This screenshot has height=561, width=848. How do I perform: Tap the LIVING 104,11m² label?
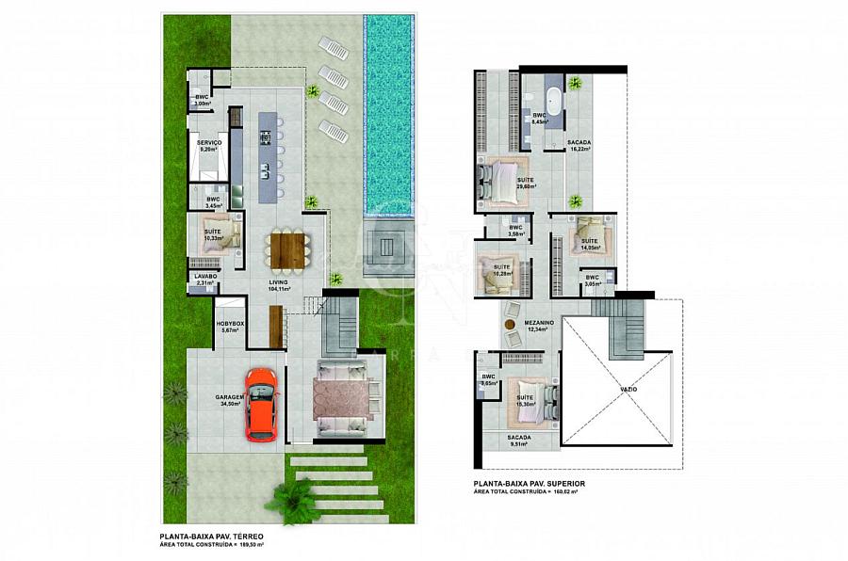279,285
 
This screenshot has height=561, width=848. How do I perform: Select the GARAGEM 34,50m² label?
231,400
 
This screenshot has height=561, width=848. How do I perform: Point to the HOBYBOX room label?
230,327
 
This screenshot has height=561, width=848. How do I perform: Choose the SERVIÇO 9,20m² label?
209,146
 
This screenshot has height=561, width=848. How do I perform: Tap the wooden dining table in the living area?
285,249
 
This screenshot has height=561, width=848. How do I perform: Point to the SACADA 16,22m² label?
579,145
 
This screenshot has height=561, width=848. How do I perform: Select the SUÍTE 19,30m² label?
525,400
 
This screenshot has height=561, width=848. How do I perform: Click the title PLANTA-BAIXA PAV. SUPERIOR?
530,483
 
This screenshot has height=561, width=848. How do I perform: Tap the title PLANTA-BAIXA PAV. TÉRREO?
213,537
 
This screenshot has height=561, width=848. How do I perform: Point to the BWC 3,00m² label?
202,100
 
